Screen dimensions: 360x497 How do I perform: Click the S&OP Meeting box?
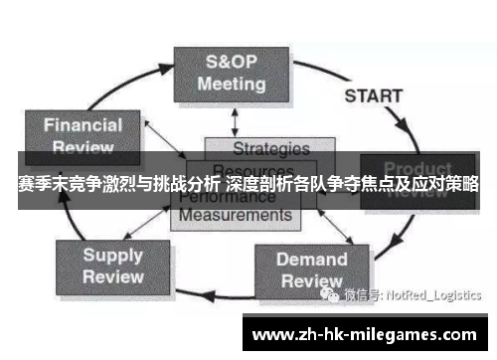[x=231, y=73]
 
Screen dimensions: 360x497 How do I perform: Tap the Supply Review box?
[x=112, y=265]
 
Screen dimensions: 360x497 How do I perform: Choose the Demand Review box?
[x=311, y=269]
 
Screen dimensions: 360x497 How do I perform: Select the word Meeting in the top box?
[x=231, y=85]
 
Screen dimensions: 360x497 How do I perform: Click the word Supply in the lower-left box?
[x=112, y=255]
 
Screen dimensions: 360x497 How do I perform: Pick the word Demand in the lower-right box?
[x=311, y=259]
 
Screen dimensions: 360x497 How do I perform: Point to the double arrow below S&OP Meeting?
[x=235, y=120]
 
